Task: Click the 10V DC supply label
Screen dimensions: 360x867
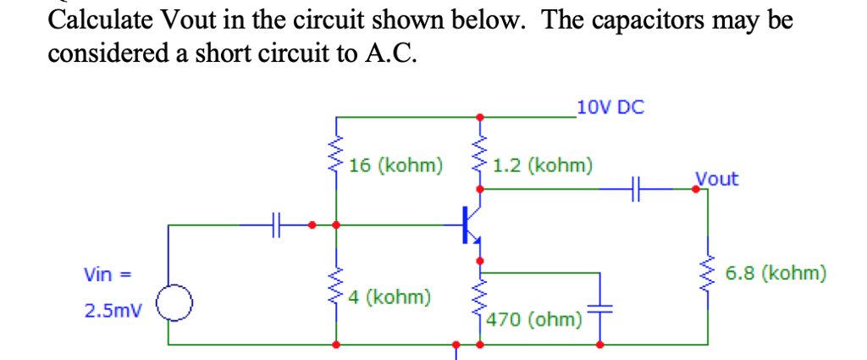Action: point(610,108)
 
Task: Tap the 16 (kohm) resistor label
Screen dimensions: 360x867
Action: point(395,164)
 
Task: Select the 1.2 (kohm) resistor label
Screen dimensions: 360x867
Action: point(542,164)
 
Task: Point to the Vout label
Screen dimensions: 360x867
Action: point(716,179)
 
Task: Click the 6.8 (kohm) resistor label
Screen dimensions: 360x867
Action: point(776,274)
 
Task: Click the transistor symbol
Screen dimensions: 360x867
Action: point(471,224)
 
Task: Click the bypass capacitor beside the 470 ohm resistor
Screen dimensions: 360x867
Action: point(601,308)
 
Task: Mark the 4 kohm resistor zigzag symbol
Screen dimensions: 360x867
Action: point(336,288)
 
